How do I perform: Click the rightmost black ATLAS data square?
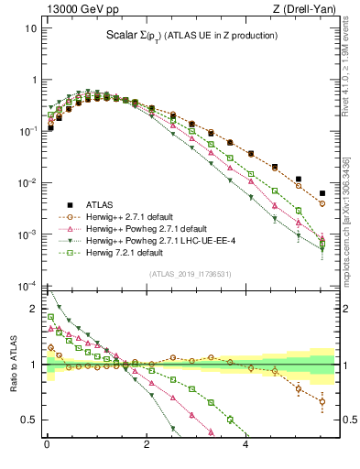[322, 193]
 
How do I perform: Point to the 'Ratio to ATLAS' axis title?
[12, 365]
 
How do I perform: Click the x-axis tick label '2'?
[147, 443]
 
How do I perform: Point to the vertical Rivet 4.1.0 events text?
[352, 60]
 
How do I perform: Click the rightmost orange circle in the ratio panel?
[322, 401]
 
